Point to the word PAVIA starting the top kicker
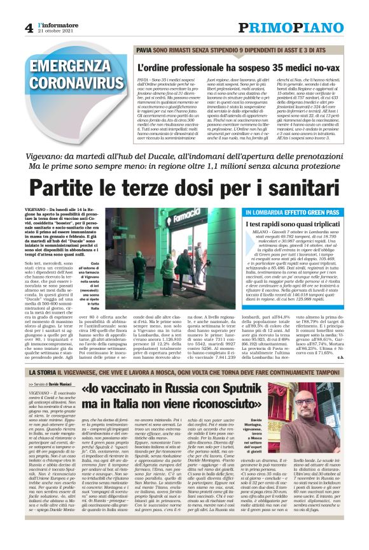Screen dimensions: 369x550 click(144, 49)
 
